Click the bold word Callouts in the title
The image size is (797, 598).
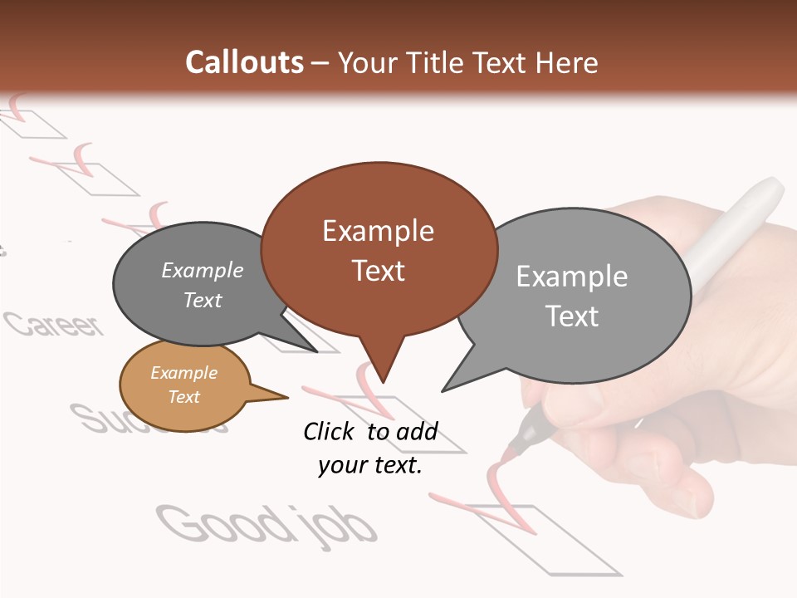pyautogui.click(x=244, y=63)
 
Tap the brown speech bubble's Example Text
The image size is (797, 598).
pyautogui.click(x=378, y=250)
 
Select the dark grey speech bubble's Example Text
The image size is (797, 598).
pyautogui.click(x=203, y=285)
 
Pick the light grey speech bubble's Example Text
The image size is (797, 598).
pyautogui.click(x=572, y=296)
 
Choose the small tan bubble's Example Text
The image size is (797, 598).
pyautogui.click(x=183, y=385)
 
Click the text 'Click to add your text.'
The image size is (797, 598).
pyautogui.click(x=369, y=448)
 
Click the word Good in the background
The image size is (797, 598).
pyautogui.click(x=221, y=522)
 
